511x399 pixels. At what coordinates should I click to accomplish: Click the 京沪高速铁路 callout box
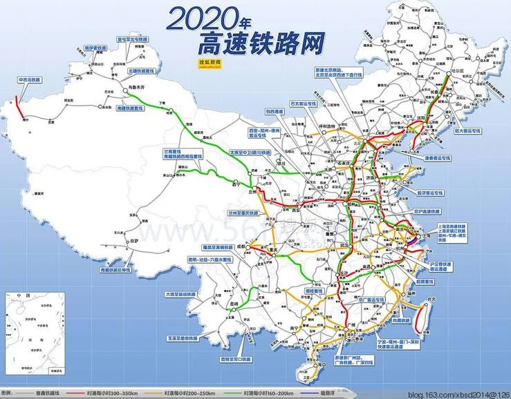pos(429,211)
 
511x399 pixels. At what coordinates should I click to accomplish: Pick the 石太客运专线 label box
pos(304,104)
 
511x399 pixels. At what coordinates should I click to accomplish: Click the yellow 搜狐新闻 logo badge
pos(209,63)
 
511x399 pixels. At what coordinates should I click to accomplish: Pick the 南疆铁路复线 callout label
pos(131,109)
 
